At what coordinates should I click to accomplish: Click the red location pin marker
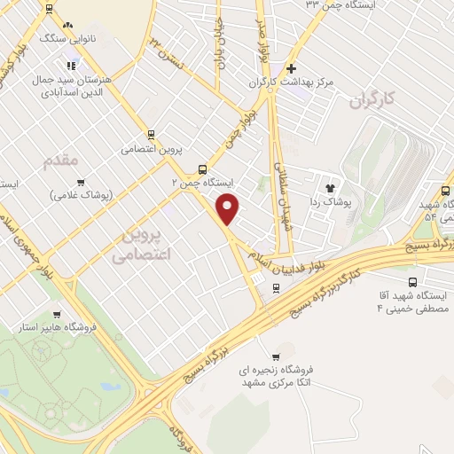pos(229,208)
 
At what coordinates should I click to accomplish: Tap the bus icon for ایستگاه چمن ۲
pos(203,168)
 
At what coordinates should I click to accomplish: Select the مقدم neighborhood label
pos(60,160)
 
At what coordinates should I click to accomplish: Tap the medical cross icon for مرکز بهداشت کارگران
pos(292,68)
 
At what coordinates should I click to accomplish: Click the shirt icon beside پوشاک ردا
pos(331,188)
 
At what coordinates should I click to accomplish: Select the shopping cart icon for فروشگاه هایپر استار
pos(58,314)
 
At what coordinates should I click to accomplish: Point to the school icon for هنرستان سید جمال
pos(70,65)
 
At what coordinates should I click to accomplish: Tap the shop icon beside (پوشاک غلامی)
pos(80,182)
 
